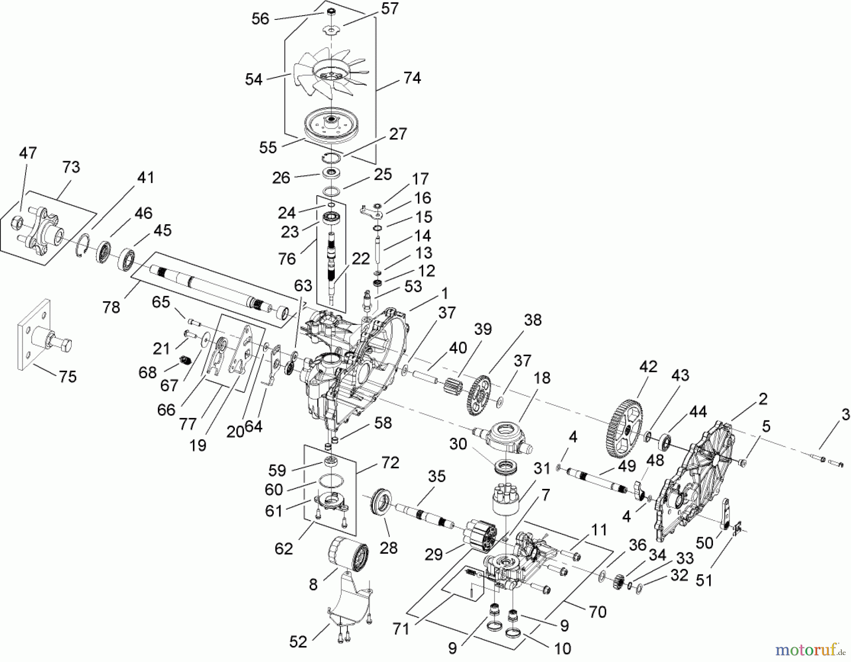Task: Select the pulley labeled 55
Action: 330,124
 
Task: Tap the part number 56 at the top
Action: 260,18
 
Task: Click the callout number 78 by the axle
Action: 112,307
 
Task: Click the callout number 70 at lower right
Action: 598,611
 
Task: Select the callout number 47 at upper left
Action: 28,153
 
